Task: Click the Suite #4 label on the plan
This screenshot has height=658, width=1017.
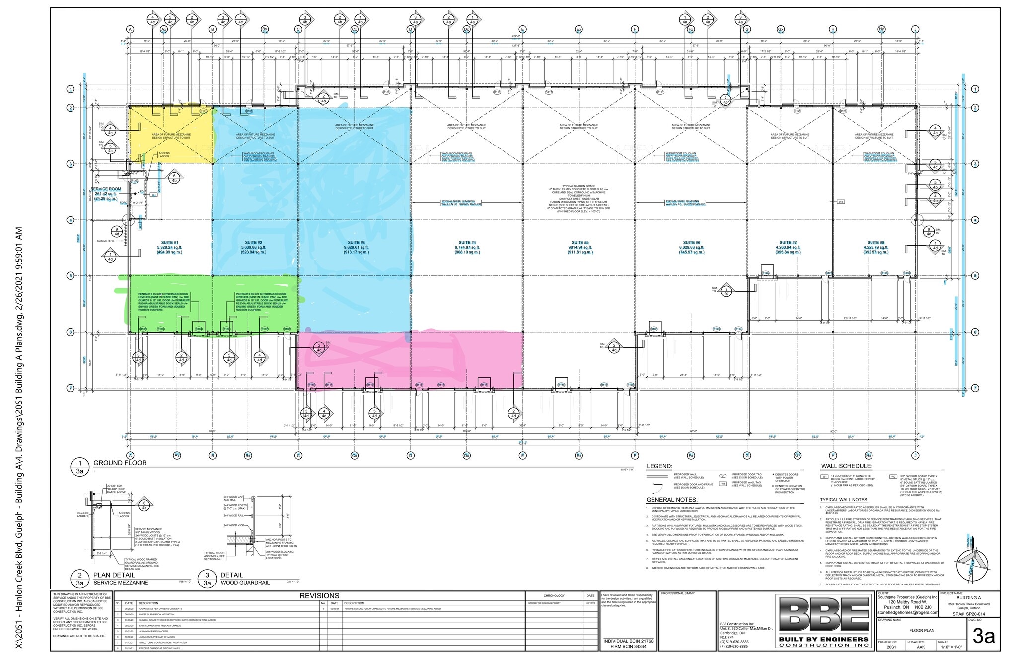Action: point(467,243)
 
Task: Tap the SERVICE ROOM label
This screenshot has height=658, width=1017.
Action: point(106,189)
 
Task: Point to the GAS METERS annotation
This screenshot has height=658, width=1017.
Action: point(105,241)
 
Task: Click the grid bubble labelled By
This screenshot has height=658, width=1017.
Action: point(265,29)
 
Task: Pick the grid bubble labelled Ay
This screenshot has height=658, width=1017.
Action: point(177,455)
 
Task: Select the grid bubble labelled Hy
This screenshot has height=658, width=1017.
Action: point(881,29)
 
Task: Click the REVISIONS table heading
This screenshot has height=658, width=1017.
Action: point(319,596)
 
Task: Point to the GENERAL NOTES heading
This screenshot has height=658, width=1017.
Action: point(672,500)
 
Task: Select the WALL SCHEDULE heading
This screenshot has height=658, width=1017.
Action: point(846,466)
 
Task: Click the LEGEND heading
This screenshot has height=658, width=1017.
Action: point(659,466)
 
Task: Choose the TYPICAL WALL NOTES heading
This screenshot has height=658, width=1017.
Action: point(844,500)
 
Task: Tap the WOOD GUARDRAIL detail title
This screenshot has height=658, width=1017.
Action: point(238,583)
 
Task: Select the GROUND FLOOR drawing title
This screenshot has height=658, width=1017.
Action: point(120,463)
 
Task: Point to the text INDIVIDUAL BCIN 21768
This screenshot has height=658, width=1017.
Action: point(628,641)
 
